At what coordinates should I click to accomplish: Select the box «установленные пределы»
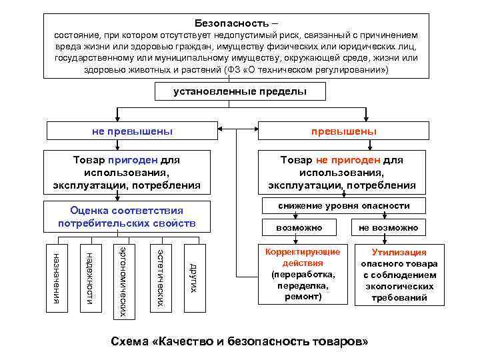[240, 91]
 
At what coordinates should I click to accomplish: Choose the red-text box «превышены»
[343, 131]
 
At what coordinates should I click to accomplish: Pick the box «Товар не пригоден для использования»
[342, 172]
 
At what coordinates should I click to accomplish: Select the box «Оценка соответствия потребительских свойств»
[126, 217]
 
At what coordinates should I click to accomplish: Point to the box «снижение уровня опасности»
[344, 206]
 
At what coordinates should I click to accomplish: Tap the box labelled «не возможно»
[388, 228]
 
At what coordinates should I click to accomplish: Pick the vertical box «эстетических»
[159, 277]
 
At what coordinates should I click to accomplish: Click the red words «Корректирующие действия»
[302, 257]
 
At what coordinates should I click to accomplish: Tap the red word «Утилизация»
[399, 253]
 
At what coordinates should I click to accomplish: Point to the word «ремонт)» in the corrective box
[302, 295]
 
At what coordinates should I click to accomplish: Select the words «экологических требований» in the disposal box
[399, 292]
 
